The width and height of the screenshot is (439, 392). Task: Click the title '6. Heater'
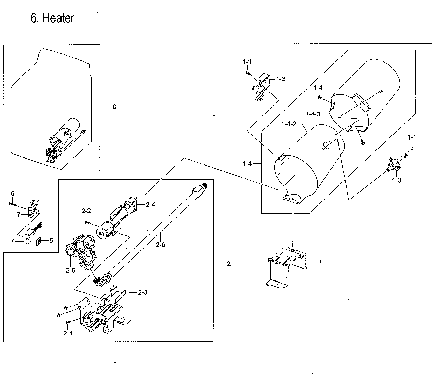coord(52,18)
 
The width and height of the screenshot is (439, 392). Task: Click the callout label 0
coord(114,107)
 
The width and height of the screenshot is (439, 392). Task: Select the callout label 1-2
coord(280,79)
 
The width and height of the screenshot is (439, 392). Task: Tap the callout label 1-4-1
coord(321,88)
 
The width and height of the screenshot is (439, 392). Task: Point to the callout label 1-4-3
coord(313,114)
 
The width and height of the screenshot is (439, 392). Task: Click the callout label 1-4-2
coord(289,124)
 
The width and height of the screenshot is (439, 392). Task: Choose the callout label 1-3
coord(396,180)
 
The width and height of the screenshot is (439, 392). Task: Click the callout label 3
coord(320,262)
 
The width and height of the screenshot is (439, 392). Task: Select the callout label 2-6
coord(160,244)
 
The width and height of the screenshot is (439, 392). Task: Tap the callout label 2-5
coord(70,270)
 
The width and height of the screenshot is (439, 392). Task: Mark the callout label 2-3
coord(143,292)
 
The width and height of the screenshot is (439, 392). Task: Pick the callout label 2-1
coord(68,333)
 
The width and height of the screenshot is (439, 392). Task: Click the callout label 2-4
coord(151,205)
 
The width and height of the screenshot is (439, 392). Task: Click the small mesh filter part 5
coord(39,241)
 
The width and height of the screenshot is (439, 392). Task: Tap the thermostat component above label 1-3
coord(393,165)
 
